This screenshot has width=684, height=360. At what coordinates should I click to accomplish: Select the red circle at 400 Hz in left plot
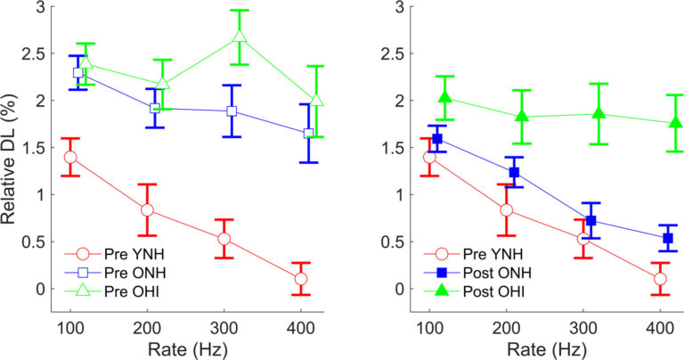point(301,279)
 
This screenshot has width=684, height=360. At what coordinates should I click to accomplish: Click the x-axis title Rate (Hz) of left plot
point(186,348)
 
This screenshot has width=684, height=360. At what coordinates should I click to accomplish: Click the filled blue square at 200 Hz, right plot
point(514,172)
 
